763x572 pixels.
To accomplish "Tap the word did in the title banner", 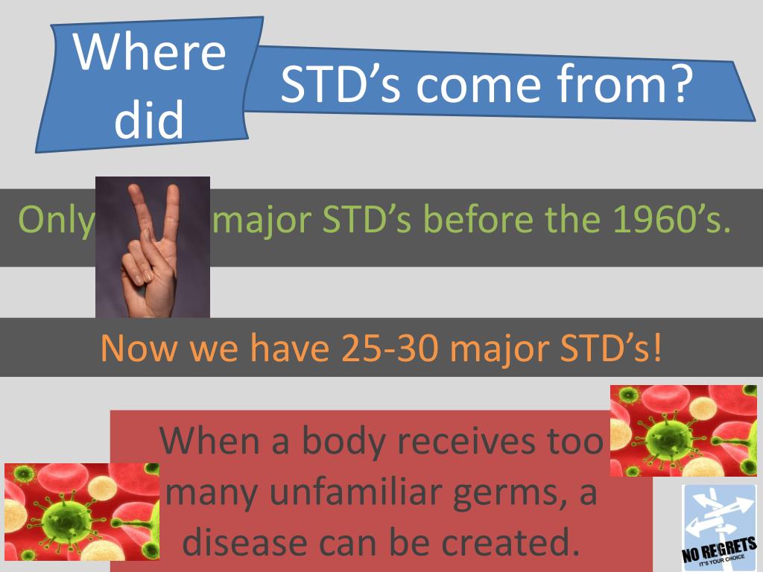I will [x=149, y=119].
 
